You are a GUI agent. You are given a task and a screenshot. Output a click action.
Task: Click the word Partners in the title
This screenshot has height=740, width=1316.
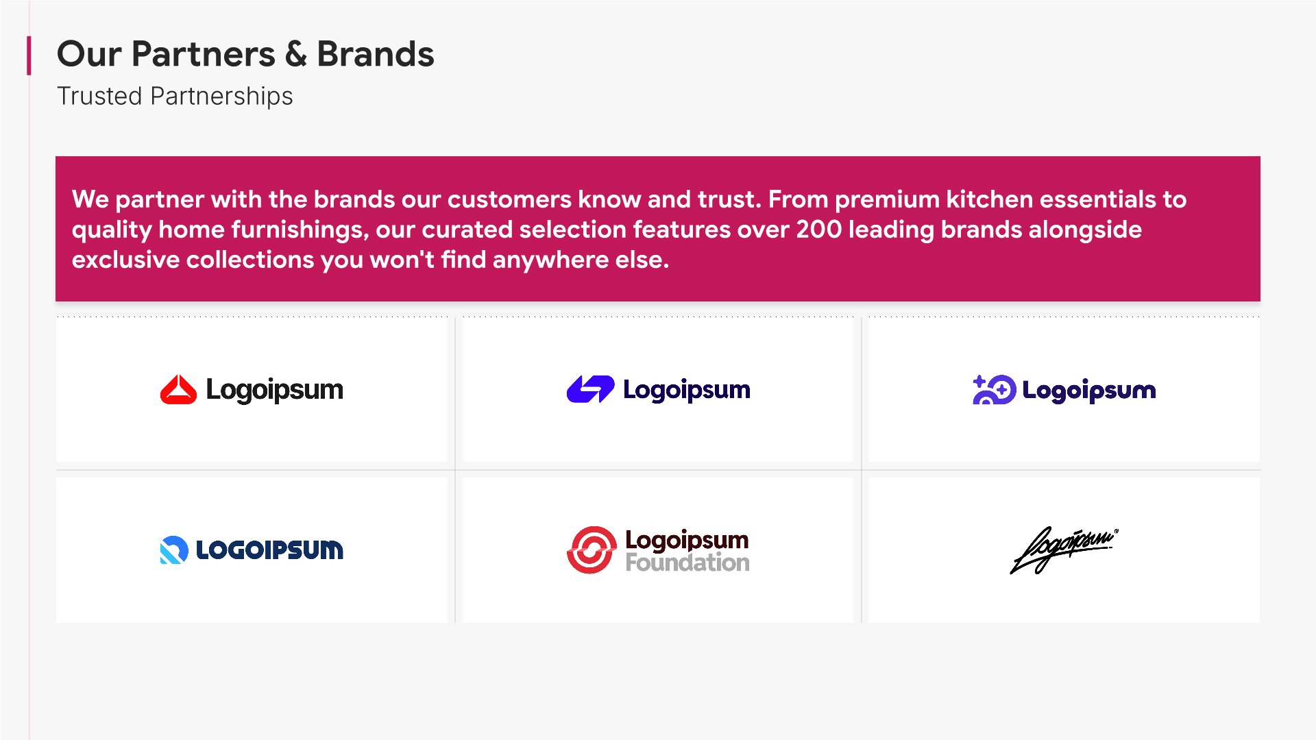tap(203, 54)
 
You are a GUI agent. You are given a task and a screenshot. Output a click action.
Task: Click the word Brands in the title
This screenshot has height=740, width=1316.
tap(376, 54)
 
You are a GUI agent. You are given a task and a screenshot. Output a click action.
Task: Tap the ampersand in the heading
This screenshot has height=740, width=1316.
tap(296, 54)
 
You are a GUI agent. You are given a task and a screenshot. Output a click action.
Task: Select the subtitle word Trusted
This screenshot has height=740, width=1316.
tap(99, 96)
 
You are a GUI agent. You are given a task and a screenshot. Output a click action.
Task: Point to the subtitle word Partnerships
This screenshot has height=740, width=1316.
tap(221, 97)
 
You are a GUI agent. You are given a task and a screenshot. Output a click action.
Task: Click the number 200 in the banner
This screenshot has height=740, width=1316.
tap(819, 229)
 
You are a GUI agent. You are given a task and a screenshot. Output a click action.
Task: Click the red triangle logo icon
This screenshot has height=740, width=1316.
tap(178, 389)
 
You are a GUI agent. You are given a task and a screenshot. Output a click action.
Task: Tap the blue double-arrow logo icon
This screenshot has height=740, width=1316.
tap(591, 389)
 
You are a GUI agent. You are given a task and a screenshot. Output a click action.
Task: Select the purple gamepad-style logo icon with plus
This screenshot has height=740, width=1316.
tap(994, 389)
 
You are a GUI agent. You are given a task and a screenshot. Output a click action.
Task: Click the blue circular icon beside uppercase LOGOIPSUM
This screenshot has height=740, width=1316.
tap(174, 550)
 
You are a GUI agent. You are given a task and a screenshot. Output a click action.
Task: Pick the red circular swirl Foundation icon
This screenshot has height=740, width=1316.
tap(592, 550)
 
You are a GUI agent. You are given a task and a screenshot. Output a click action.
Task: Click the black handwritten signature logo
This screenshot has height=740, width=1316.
tap(1064, 550)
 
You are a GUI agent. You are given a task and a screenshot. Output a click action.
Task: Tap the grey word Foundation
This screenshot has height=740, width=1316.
tap(687, 563)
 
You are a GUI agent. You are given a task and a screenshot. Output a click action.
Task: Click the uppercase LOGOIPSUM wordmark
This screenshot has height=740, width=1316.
tap(269, 550)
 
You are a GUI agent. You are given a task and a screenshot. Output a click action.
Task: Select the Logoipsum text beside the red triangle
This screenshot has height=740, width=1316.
tap(274, 390)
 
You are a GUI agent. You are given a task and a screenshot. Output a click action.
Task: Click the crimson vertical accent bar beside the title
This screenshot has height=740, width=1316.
tap(29, 56)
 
